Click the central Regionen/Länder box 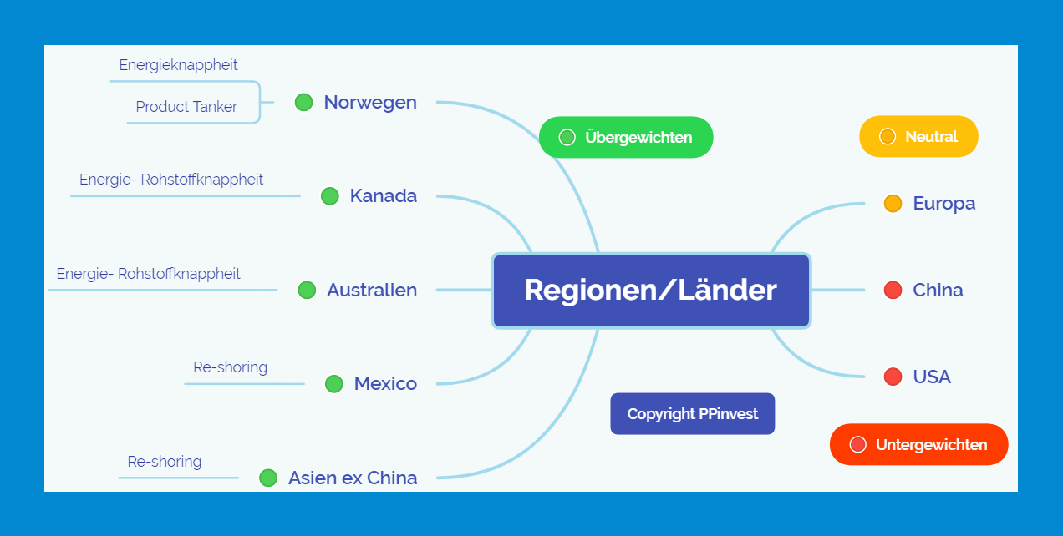point(651,291)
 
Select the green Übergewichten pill point(626,137)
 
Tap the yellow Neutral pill point(918,136)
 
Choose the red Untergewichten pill point(918,444)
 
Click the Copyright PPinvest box point(692,414)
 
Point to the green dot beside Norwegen point(303,102)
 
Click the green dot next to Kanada point(330,196)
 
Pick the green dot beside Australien point(307,290)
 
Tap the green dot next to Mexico point(333,384)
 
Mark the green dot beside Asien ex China point(268,478)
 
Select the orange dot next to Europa point(893,203)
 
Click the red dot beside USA point(893,377)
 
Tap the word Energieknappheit point(178,65)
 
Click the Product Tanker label point(186,107)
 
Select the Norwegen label point(370,102)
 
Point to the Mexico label point(385,384)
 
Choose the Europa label point(944,203)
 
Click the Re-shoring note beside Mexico point(230,367)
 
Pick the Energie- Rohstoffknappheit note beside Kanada point(171,180)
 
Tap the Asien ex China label point(353,478)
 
